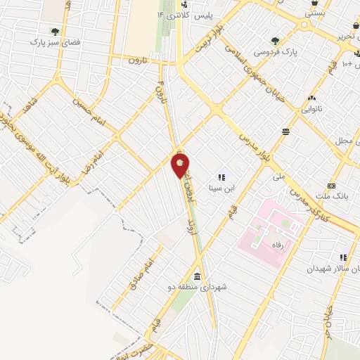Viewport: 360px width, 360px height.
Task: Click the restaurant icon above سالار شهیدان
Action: [343, 258]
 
